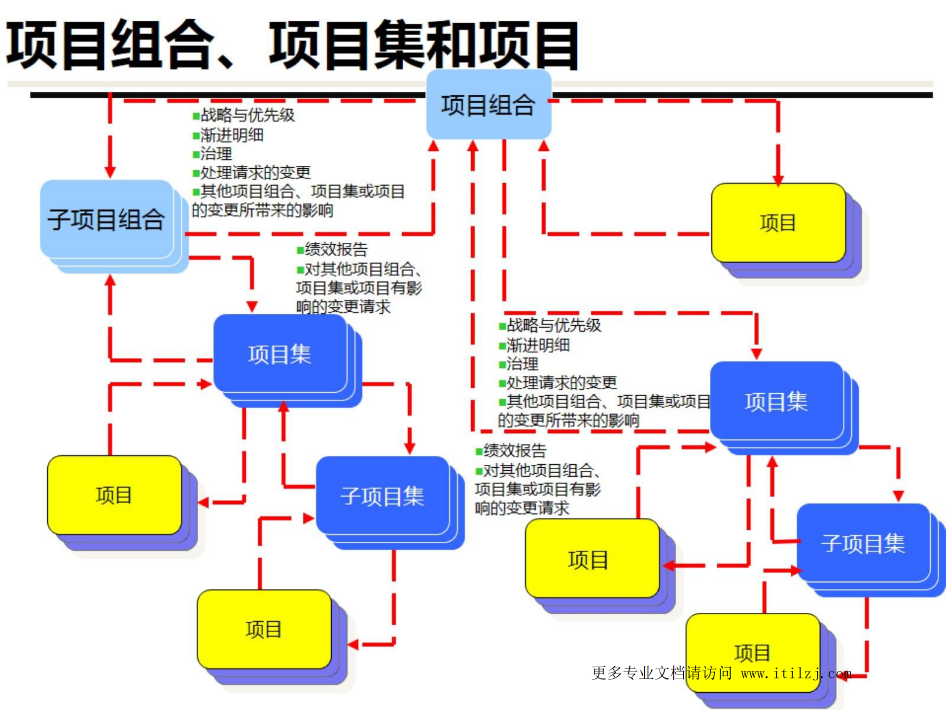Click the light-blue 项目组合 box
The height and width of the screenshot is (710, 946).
pyautogui.click(x=488, y=105)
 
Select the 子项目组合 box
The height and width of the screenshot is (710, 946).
pyautogui.click(x=106, y=219)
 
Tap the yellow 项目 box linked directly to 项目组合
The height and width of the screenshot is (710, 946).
pyautogui.click(x=778, y=223)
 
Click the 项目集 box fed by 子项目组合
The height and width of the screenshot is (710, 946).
pyautogui.click(x=280, y=354)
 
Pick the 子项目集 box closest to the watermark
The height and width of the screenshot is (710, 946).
pyautogui.click(x=863, y=543)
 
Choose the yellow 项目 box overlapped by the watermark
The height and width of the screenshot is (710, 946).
pyautogui.click(x=753, y=652)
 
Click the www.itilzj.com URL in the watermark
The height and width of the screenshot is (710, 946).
pyautogui.click(x=796, y=673)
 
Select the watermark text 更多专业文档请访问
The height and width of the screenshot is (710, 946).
pyautogui.click(x=662, y=673)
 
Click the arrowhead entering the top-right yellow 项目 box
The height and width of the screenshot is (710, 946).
pyautogui.click(x=778, y=180)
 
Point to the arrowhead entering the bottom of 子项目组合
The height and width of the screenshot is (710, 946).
pyautogui.click(x=110, y=280)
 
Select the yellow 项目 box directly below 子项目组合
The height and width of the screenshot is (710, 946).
pyautogui.click(x=114, y=495)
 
